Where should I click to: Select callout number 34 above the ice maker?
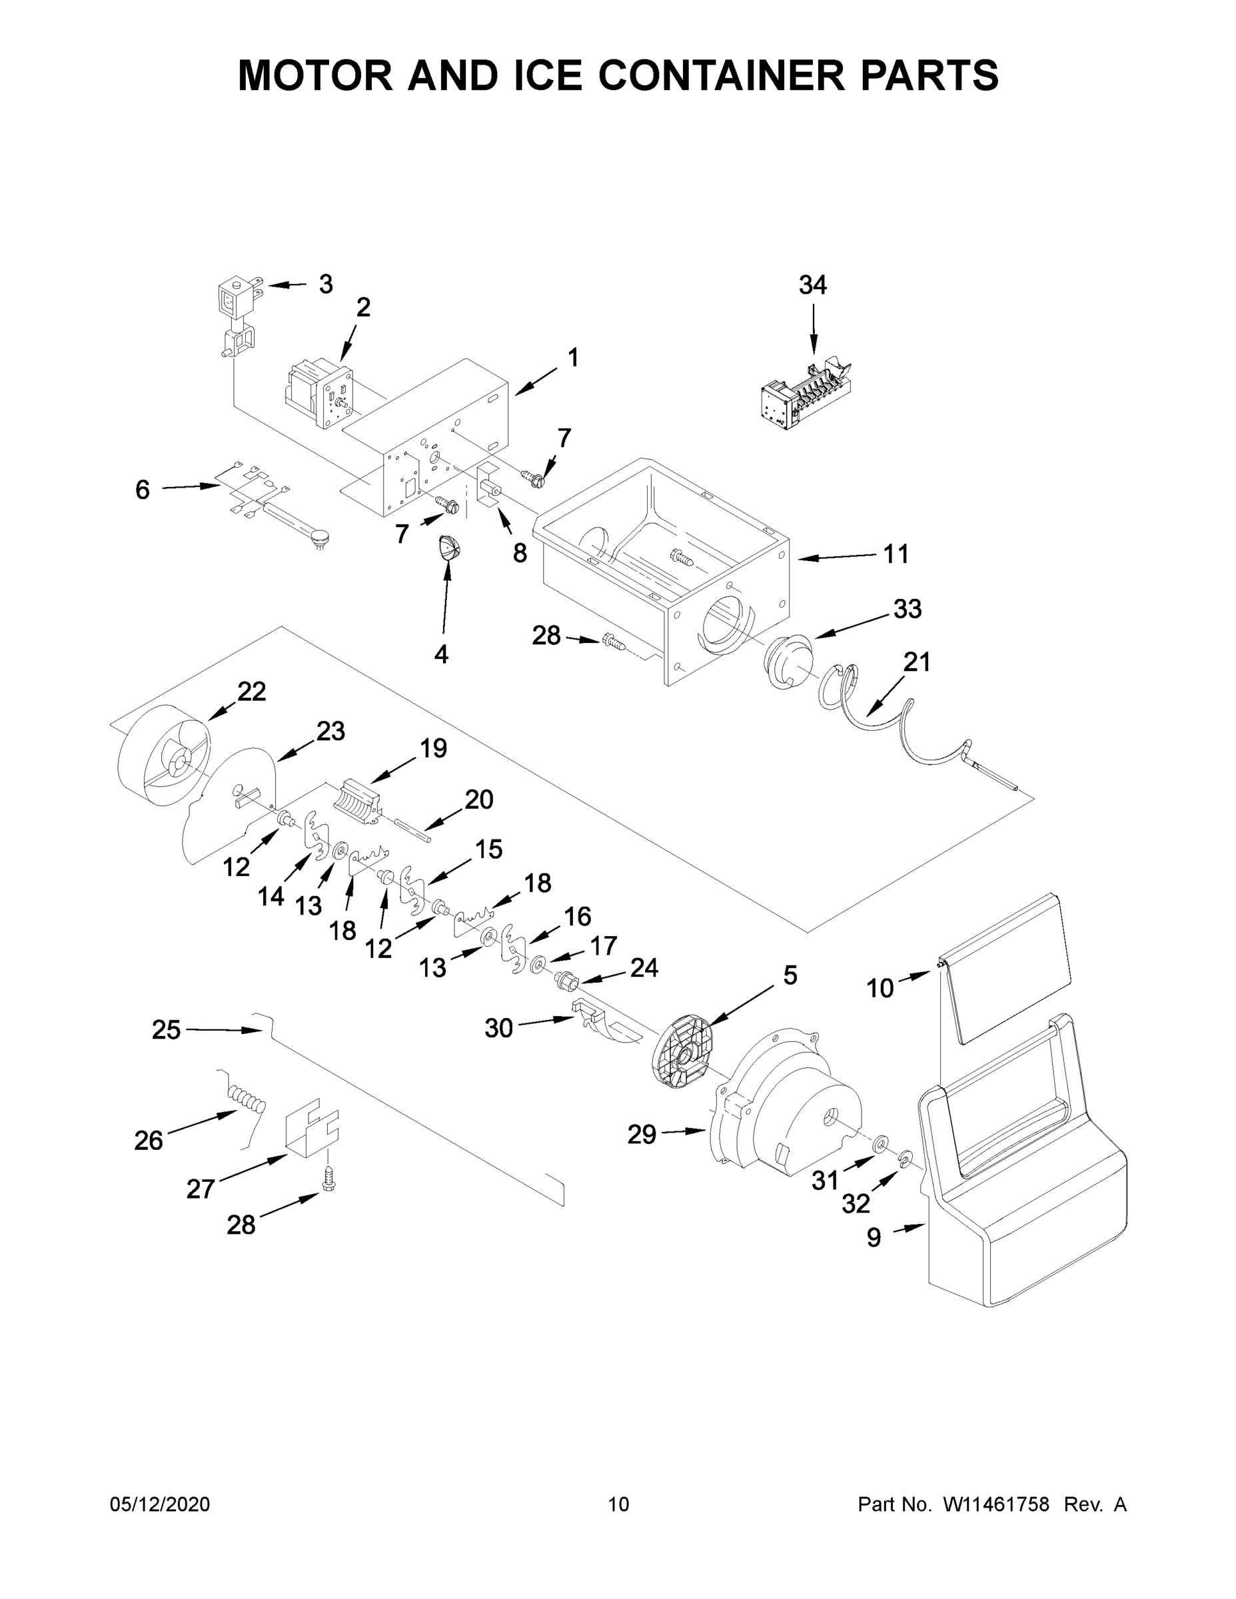click(x=813, y=284)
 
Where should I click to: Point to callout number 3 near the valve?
click(x=326, y=283)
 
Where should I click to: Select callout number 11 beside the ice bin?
click(x=896, y=554)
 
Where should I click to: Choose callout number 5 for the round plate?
click(x=790, y=975)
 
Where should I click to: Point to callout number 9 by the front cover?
click(x=874, y=1237)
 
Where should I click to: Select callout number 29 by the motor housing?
click(x=642, y=1134)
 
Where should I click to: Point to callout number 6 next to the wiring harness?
click(x=142, y=490)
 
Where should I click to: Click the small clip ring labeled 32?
click(x=906, y=1157)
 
